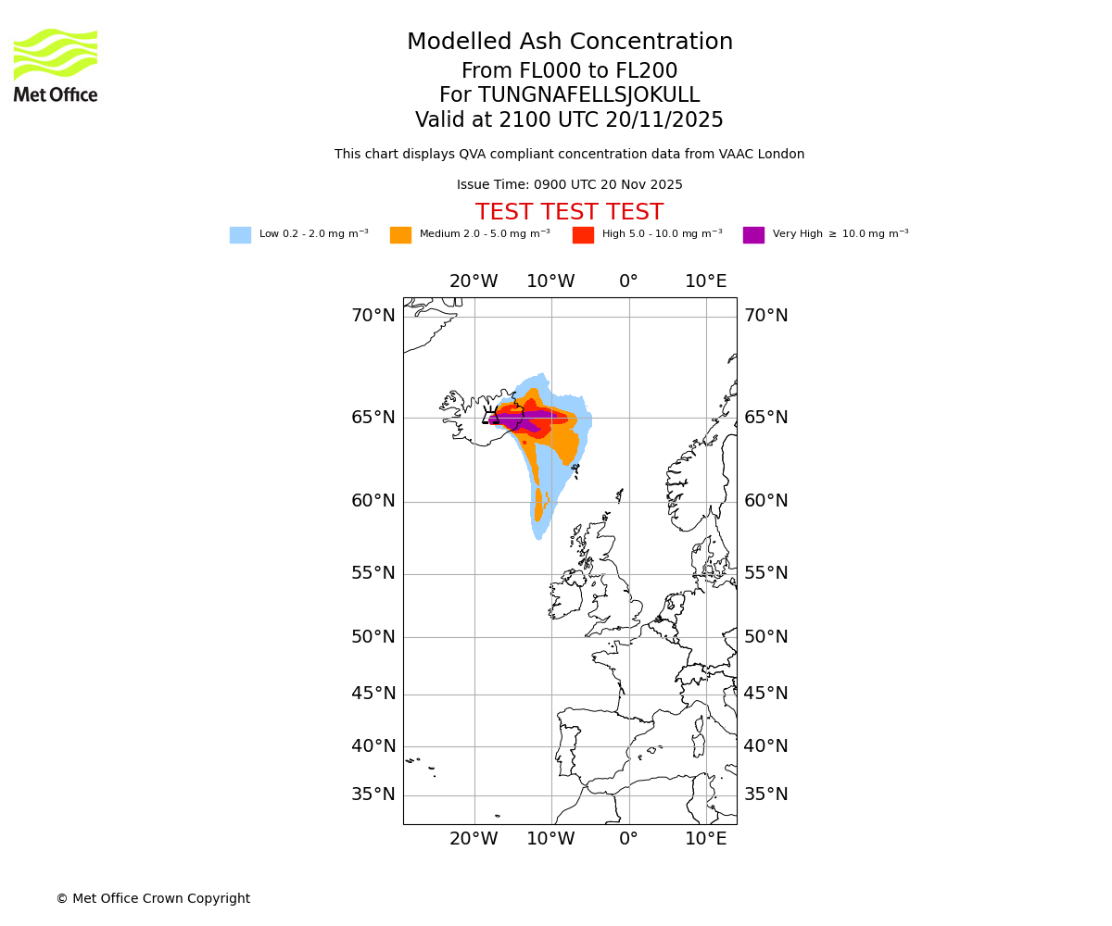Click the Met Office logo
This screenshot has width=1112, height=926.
56,65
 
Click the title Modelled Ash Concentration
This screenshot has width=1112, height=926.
569,43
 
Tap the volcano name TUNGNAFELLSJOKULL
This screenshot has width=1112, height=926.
588,95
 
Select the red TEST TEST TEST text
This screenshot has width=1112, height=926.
569,212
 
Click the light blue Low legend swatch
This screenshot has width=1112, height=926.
240,235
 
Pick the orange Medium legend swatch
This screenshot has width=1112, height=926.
400,235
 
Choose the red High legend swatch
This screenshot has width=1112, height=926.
583,235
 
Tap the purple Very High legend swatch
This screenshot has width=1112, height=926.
753,235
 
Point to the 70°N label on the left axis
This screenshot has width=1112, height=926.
373,316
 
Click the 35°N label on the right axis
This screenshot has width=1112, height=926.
766,795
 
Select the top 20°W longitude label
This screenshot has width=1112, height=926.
474,282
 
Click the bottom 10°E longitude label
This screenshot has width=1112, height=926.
706,839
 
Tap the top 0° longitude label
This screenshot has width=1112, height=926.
628,282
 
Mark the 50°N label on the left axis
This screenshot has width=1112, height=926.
373,637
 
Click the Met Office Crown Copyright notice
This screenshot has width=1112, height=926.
153,898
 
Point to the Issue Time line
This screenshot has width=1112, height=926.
569,185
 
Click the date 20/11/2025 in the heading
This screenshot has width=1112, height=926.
664,120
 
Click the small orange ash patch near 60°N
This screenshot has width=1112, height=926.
538,505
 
